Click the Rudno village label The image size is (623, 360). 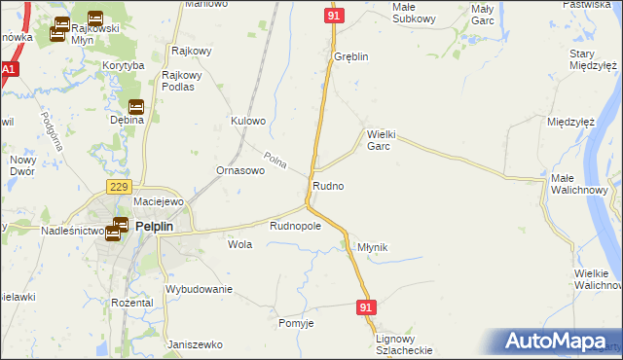pos(327,185)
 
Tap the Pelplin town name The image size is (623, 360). pos(155,226)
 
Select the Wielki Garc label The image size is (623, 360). pos(379,140)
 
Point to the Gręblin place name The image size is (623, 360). pos(350,56)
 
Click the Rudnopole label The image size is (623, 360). pos(295,226)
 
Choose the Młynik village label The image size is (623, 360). pos(373,248)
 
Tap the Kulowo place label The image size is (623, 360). pos(247,122)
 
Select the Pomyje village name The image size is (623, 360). pos(296,323)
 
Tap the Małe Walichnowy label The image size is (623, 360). pos(579,184)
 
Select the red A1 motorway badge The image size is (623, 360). pos(9,71)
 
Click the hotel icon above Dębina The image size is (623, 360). pos(135,106)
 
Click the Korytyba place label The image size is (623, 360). pos(123,65)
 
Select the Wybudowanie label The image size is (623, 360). pos(199,289)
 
